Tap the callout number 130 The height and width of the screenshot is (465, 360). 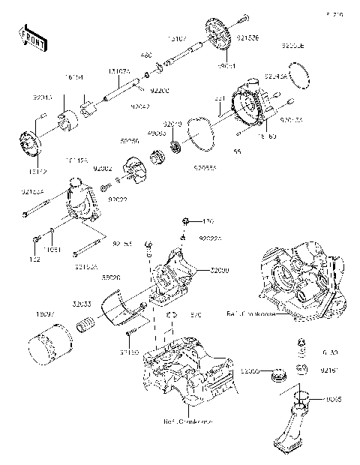(208, 221)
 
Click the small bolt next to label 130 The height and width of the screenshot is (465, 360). (185, 221)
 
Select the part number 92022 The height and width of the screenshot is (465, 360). (116, 200)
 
